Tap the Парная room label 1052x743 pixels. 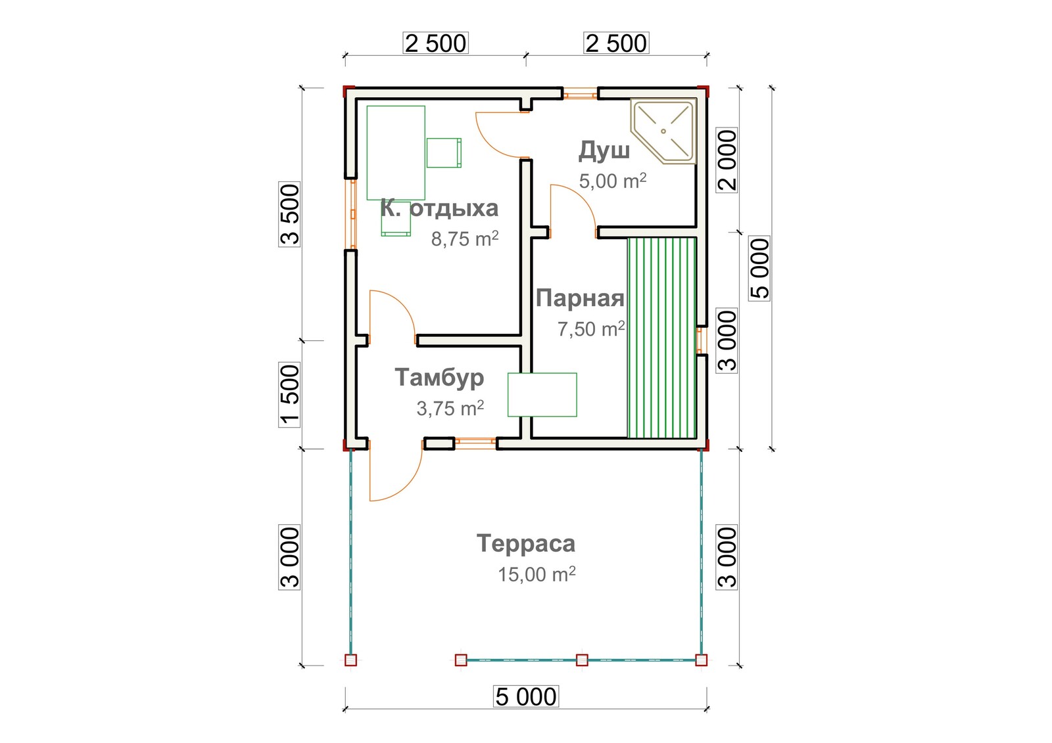click(580, 298)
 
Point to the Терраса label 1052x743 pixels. click(526, 543)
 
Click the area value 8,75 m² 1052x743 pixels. click(465, 239)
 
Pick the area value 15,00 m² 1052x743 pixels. click(537, 574)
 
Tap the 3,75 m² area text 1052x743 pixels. click(450, 409)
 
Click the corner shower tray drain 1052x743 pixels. click(663, 131)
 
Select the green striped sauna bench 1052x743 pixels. click(661, 338)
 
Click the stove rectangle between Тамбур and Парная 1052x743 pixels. click(542, 395)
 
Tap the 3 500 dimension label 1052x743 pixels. click(290, 214)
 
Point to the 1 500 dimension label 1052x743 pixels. click(290, 395)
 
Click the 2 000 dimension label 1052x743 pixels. click(727, 160)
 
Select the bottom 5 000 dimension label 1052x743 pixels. click(526, 696)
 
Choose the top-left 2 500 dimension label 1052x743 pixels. click(435, 43)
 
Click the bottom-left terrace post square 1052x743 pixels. click(351, 660)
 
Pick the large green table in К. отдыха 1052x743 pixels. click(396, 153)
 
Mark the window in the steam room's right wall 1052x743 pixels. click(700, 340)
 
